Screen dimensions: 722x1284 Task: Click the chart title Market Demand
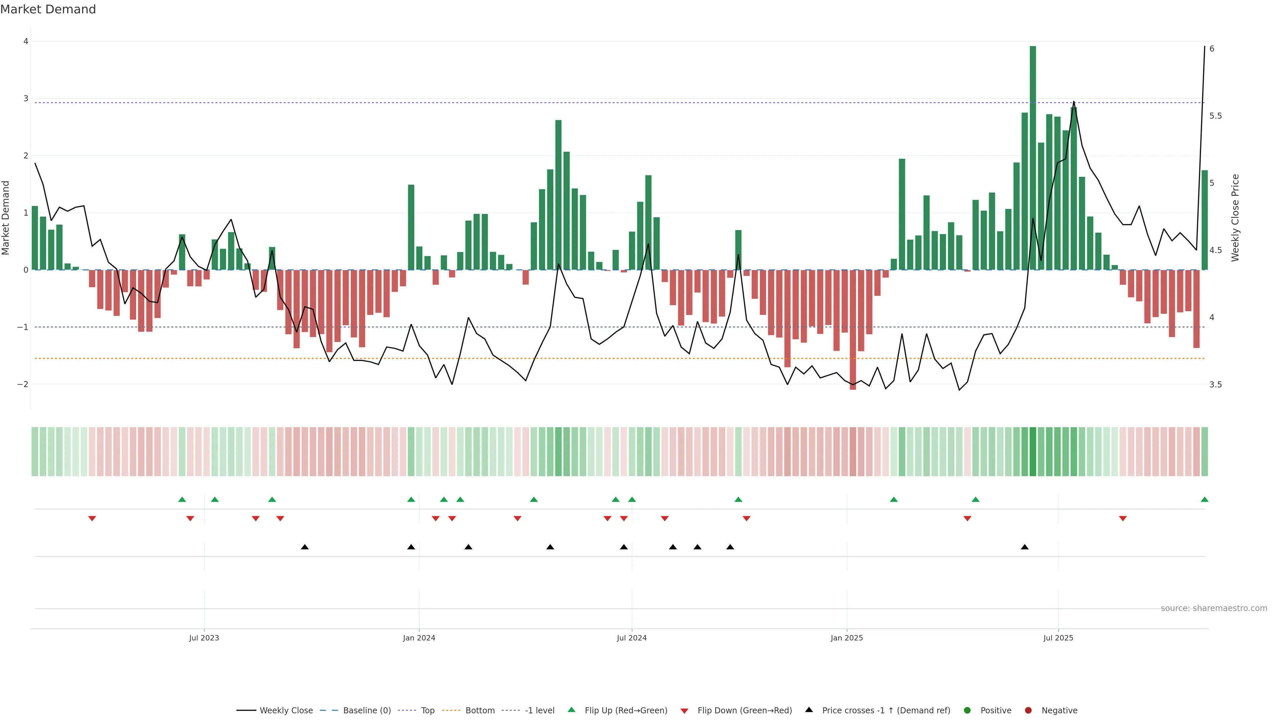(48, 9)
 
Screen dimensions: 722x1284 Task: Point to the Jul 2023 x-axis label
(204, 638)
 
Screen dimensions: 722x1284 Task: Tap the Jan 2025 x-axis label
(846, 638)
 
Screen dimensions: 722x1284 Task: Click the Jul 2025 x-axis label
(1058, 638)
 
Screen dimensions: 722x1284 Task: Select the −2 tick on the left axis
(23, 384)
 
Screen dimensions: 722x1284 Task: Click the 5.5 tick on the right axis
(1215, 116)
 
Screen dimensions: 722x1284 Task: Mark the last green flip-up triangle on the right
(1204, 499)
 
